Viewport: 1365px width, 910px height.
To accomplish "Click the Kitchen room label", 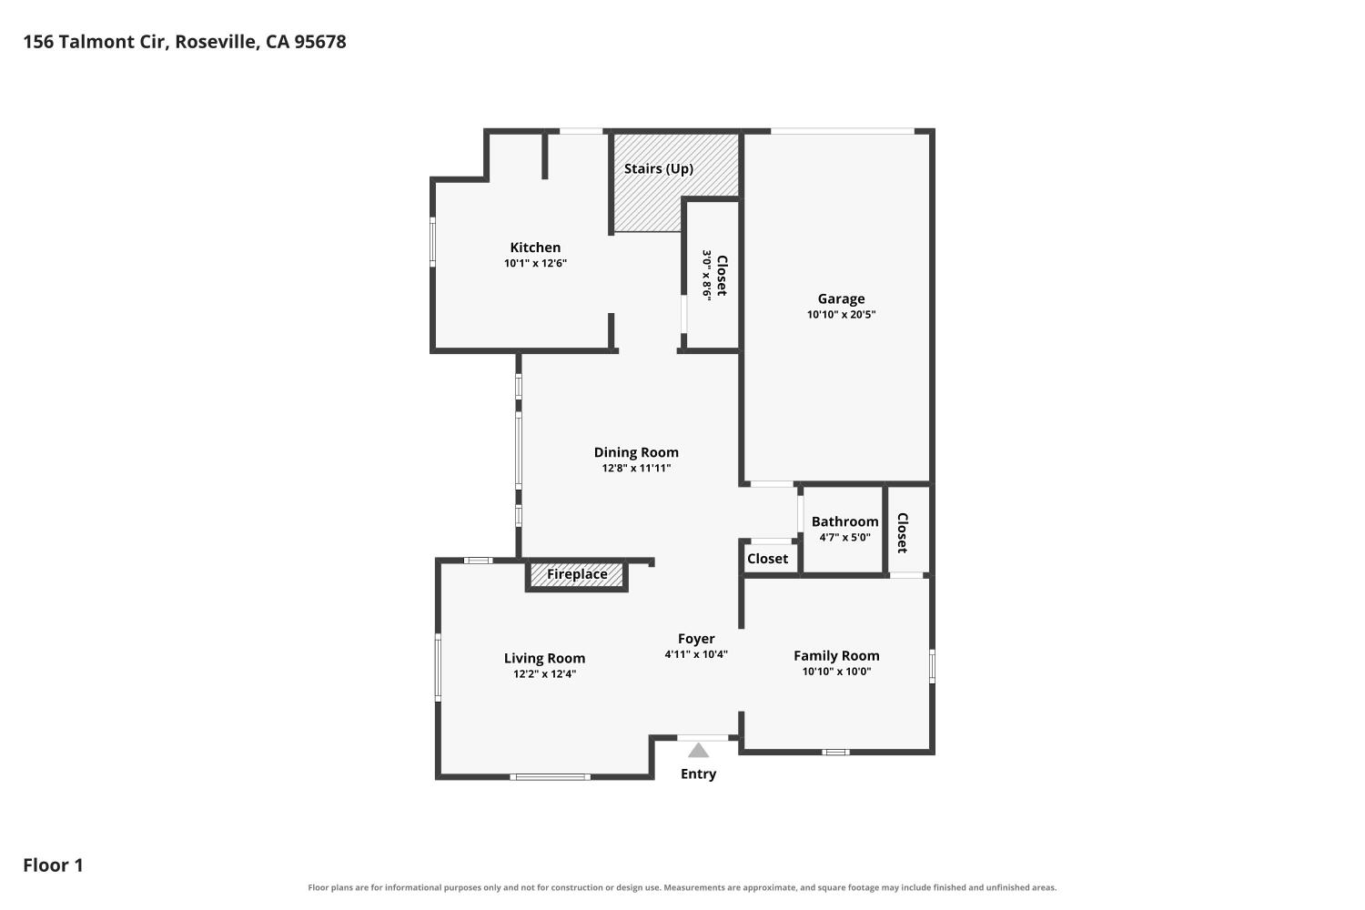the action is click(x=535, y=248).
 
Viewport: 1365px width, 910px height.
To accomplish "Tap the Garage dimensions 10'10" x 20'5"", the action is click(x=841, y=315).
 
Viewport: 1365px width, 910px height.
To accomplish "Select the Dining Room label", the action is click(x=636, y=452).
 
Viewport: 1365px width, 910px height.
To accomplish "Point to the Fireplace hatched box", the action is click(x=576, y=575).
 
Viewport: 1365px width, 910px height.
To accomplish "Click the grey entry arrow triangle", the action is click(x=698, y=751).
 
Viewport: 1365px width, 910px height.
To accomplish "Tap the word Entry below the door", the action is click(x=698, y=774).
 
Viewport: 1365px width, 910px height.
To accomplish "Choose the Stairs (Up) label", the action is click(x=659, y=169).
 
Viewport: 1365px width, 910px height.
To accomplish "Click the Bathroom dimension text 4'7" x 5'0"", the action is click(x=844, y=538).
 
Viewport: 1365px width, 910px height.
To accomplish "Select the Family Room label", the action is click(x=836, y=656).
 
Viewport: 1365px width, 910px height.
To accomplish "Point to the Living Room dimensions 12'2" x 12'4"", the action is click(x=544, y=674).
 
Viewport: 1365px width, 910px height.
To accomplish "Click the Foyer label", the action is click(x=696, y=639).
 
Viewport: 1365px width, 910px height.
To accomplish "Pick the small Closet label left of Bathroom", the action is click(x=767, y=559).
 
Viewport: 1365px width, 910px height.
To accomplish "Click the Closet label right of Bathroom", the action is click(x=903, y=532).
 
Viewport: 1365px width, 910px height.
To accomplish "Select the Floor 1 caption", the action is click(x=53, y=865).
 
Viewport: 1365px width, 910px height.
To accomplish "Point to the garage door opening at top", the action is click(x=842, y=131).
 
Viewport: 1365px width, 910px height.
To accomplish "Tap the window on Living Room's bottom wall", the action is click(x=550, y=777).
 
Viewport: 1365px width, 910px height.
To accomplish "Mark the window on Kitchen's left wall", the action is click(x=432, y=242).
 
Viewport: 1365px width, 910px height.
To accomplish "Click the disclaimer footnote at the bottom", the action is click(x=682, y=887).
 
